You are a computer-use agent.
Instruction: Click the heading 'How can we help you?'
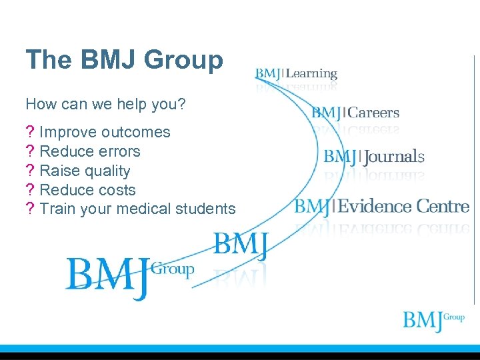[105, 105]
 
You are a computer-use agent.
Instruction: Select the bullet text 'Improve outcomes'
[105, 133]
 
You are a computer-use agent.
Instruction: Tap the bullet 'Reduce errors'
[90, 151]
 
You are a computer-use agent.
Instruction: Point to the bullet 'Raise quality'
[85, 171]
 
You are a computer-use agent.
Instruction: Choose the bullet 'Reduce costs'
[87, 190]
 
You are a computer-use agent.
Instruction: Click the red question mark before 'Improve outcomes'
[29, 133]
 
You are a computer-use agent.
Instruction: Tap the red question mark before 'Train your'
[29, 209]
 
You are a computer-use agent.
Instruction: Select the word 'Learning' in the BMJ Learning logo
[311, 74]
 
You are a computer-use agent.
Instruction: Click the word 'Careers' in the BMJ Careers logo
[373, 113]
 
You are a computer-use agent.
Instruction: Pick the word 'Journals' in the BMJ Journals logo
[393, 157]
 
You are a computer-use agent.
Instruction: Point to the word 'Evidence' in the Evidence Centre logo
[374, 206]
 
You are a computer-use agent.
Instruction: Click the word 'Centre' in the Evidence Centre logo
[443, 206]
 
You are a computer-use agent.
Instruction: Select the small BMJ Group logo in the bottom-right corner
[433, 321]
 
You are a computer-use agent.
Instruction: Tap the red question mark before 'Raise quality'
[29, 171]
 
